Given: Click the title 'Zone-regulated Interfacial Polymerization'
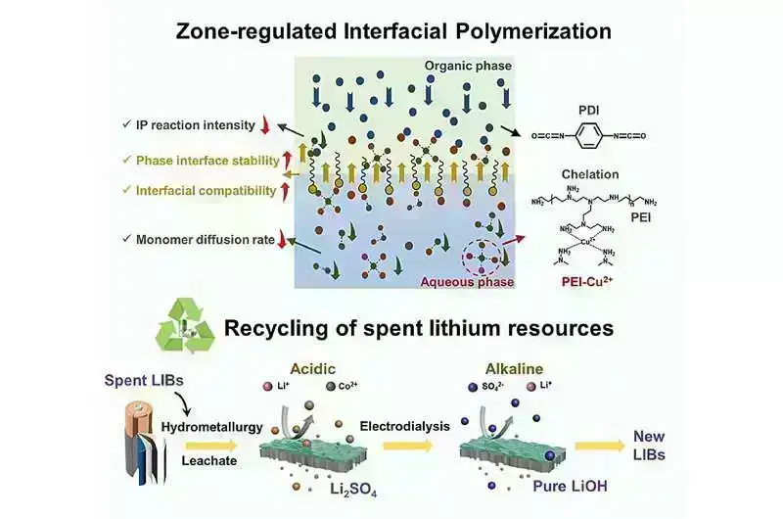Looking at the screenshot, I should tap(393, 30).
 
